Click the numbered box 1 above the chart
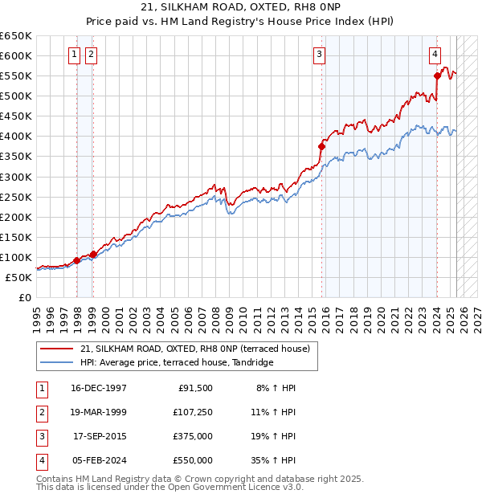(x=74, y=55)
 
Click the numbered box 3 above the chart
(x=319, y=55)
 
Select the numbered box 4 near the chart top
(x=435, y=55)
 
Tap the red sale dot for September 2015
(x=322, y=146)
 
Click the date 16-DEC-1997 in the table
(x=100, y=388)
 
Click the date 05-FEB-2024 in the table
(x=100, y=461)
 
